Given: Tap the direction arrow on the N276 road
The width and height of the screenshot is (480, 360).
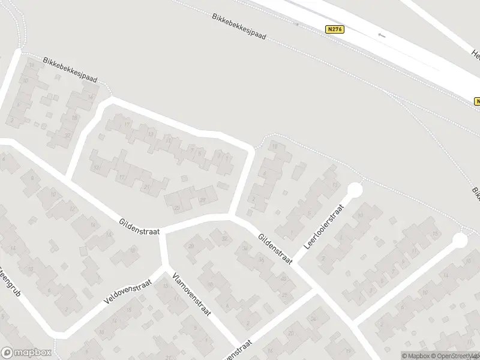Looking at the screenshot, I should point(382,35).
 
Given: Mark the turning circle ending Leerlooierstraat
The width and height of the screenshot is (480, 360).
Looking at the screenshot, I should point(355,191).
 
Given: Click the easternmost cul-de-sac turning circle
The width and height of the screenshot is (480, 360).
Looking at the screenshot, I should point(460,241).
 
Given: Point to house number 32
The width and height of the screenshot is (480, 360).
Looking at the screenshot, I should point(224,239).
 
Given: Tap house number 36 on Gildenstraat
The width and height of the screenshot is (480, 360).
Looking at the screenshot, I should point(261,260).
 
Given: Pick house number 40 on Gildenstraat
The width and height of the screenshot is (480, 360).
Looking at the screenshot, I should point(283,278).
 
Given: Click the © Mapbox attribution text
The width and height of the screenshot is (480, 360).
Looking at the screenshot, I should point(418,356).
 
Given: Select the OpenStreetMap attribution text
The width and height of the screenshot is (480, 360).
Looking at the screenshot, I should point(459,356).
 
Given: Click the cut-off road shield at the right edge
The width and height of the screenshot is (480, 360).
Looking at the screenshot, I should point(476,101).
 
